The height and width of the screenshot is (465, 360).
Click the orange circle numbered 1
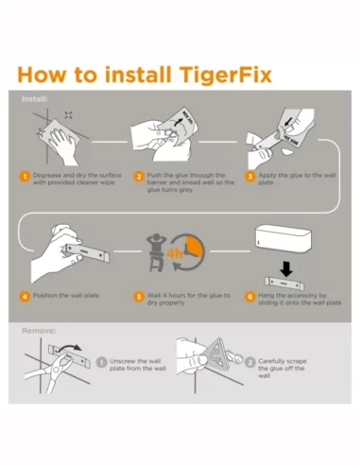(x=25, y=176)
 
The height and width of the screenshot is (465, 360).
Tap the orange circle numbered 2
(x=138, y=176)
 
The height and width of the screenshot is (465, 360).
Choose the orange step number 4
(x=25, y=296)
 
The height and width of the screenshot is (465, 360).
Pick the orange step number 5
(x=138, y=296)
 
